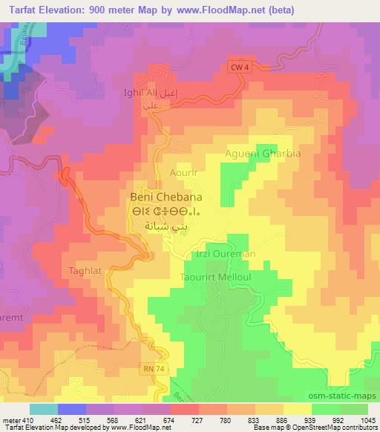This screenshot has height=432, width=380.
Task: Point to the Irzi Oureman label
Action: tap(224, 254)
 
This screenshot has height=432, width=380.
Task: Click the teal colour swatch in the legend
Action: tap(43, 409)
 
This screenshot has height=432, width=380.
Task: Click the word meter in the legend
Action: tap(9, 398)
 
